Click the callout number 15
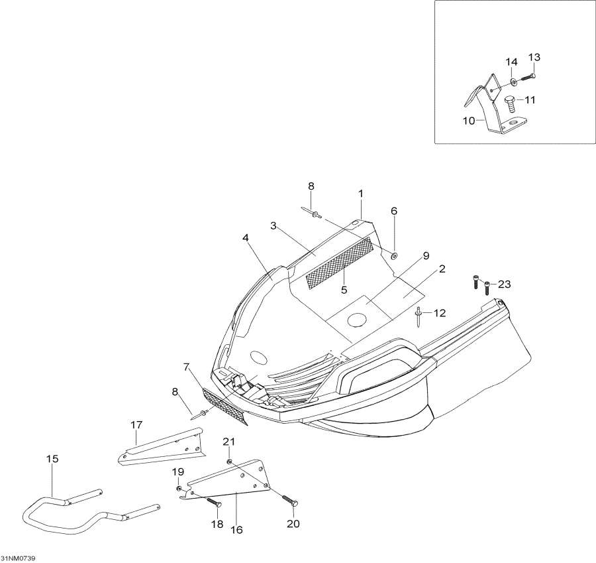coord(52,459)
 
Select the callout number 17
coord(136,424)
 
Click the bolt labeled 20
coord(290,500)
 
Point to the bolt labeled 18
coord(214,501)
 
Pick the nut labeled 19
coord(178,488)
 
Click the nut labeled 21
coord(229,462)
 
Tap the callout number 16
coord(236,529)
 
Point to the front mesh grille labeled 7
coord(225,407)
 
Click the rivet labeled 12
coord(418,316)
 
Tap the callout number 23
coord(505,284)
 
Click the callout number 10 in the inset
coord(469,121)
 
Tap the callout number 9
coord(426,256)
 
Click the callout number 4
coord(246,238)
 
